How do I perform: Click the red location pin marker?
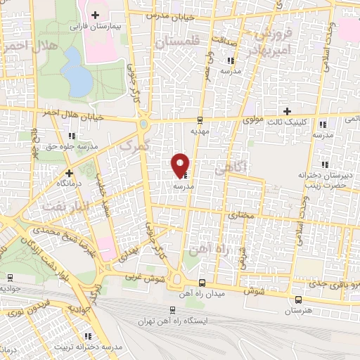[181, 165]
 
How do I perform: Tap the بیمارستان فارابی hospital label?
[96, 25]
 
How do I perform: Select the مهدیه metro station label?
[200, 130]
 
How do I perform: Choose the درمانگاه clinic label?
[70, 182]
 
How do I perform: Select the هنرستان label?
[300, 309]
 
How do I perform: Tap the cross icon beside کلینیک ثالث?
[286, 111]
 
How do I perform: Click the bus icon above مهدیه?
[200, 119]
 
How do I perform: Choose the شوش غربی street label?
[140, 276]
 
